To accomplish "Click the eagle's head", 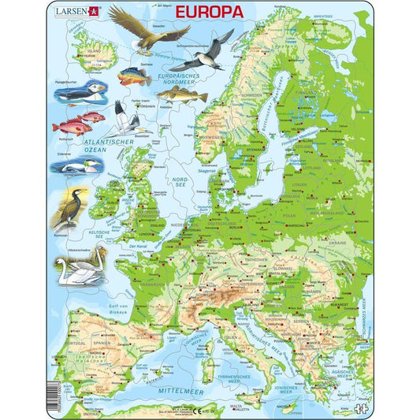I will click(x=117, y=10).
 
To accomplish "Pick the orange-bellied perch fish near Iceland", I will click(x=133, y=77).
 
